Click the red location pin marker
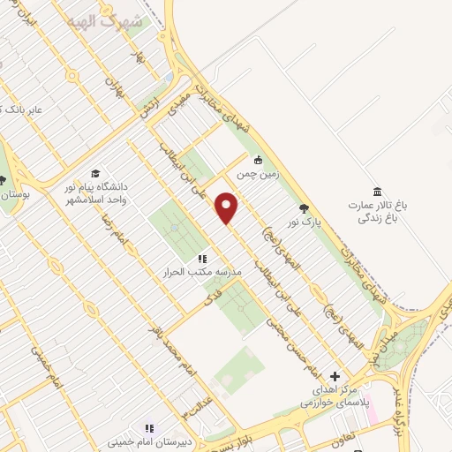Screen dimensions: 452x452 [x=228, y=207]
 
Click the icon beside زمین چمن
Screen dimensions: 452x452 [x=258, y=160]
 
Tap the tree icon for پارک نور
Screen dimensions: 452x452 [x=305, y=208]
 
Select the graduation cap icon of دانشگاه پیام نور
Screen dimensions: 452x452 [x=95, y=174]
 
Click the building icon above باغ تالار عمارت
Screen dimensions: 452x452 [x=378, y=192]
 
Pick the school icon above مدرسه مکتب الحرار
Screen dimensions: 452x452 [x=202, y=259]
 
